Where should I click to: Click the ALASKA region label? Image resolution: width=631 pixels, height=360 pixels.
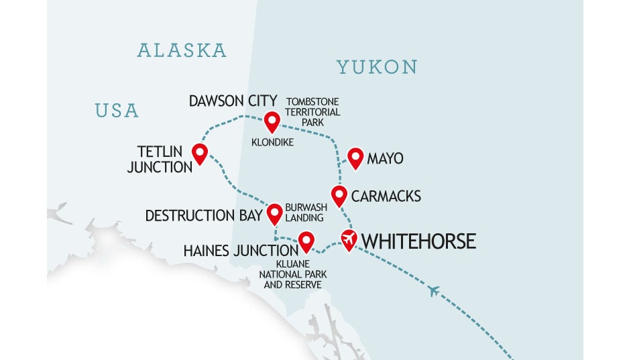182,50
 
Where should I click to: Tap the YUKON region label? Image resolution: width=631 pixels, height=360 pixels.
377,67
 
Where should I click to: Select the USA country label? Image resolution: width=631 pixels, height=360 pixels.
117,110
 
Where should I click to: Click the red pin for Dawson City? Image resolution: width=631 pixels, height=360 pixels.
272,121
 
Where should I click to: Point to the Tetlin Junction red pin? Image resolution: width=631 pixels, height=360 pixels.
199,153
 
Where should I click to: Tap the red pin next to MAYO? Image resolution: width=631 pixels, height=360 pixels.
355,158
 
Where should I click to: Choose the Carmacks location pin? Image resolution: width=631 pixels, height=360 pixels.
339,195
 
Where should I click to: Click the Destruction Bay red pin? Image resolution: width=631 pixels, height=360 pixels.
274,214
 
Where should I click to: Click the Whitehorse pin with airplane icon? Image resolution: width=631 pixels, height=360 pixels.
348,239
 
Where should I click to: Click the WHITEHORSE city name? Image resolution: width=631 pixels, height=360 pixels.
418,241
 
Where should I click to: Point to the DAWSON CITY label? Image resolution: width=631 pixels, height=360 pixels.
233,102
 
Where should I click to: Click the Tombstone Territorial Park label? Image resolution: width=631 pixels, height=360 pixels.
313,112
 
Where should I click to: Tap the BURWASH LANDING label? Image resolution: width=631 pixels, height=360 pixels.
306,213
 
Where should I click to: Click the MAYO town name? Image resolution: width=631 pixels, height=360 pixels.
385,159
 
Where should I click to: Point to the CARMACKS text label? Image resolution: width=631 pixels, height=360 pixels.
386,196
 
